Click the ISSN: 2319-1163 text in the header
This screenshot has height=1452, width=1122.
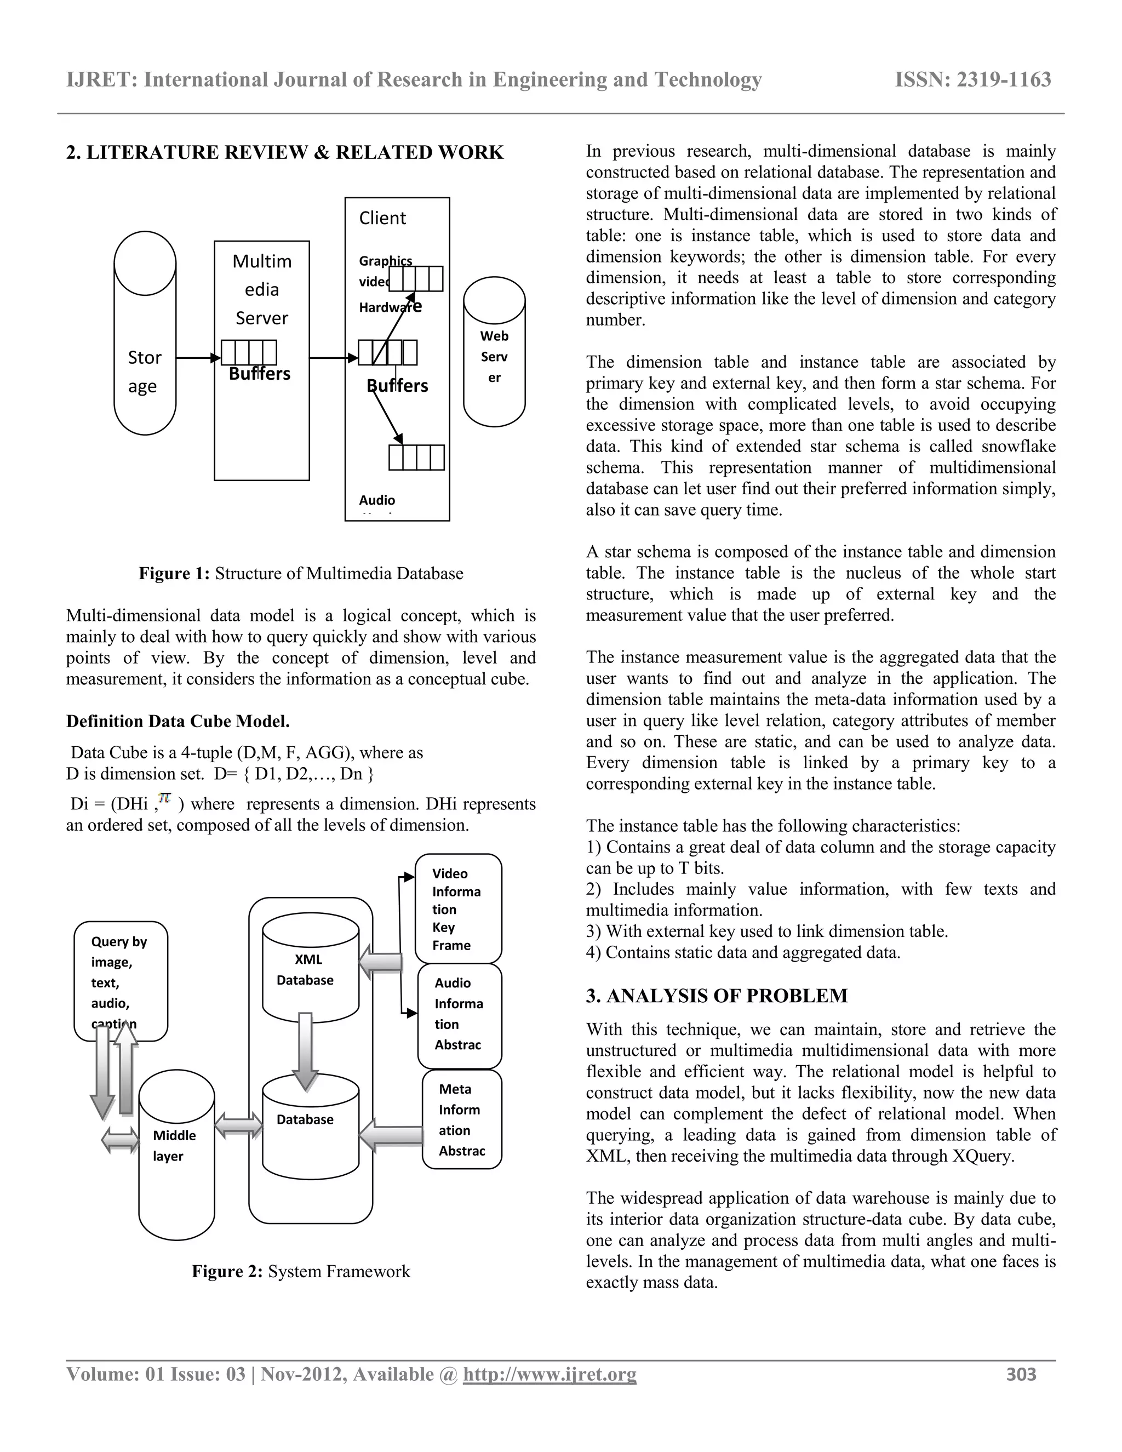coord(972,80)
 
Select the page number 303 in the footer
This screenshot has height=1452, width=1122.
coord(1021,1374)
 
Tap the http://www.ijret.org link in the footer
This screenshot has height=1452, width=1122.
coord(549,1374)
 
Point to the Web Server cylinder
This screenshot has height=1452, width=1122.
coord(494,356)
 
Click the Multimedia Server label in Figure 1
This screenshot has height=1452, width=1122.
coord(262,289)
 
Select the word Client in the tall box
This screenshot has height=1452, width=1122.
coord(382,218)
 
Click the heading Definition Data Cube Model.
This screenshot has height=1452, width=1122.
coord(178,722)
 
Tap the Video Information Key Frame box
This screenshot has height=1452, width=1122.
coord(458,908)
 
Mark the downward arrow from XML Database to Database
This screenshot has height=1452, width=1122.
coord(305,1050)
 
